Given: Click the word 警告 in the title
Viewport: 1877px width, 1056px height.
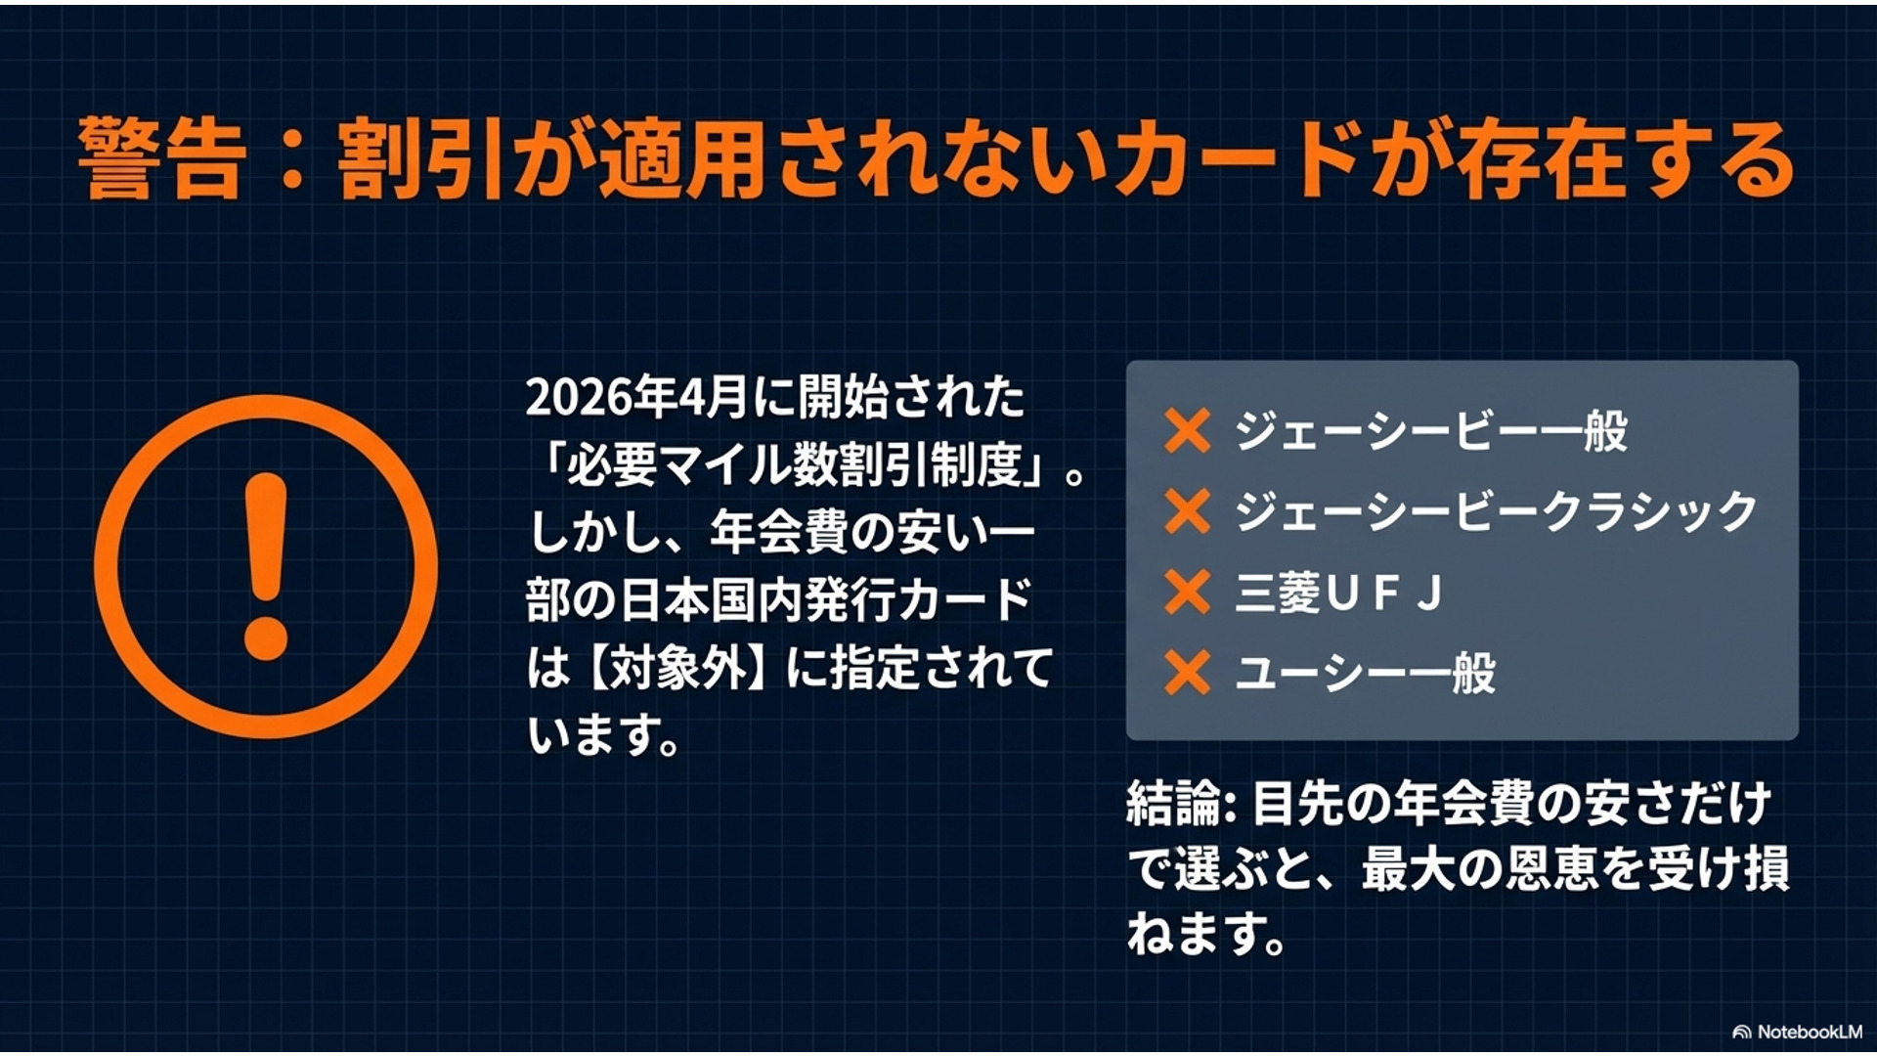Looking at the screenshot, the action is point(161,159).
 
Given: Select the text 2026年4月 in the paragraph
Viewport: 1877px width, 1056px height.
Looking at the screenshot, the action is point(636,397).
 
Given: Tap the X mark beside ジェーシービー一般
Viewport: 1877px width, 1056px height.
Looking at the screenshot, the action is point(1188,431).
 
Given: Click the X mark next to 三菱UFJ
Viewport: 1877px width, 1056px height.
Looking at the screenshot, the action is point(1188,593).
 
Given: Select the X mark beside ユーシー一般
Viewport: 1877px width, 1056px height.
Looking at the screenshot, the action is point(1188,673).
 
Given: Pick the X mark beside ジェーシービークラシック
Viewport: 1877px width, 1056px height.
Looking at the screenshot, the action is point(1188,511).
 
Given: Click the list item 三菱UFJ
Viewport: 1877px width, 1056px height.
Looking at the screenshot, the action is point(1338,593).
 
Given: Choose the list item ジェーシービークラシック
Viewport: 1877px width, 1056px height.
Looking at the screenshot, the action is point(1496,511).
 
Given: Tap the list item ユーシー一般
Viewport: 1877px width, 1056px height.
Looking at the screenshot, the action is point(1365,673).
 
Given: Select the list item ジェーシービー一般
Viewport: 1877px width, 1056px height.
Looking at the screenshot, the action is point(1431,431).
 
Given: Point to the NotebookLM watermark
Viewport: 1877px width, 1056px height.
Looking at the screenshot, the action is point(1798,1032).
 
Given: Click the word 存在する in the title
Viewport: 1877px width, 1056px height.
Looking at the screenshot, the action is point(1627,159).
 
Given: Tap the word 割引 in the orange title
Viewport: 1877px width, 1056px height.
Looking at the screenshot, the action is point(420,159).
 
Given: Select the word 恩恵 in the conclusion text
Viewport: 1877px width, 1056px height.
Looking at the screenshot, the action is point(1551,868).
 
